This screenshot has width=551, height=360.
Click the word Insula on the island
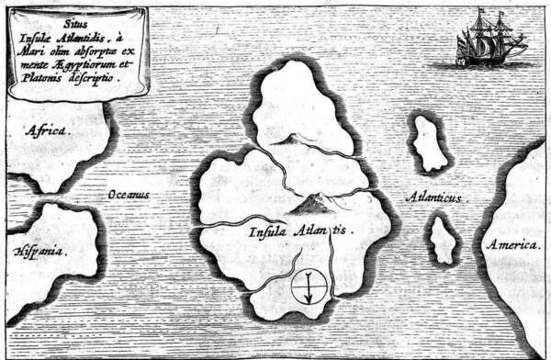(267, 232)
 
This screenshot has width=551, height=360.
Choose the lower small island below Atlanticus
(444, 239)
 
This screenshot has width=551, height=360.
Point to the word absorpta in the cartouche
(102, 51)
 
